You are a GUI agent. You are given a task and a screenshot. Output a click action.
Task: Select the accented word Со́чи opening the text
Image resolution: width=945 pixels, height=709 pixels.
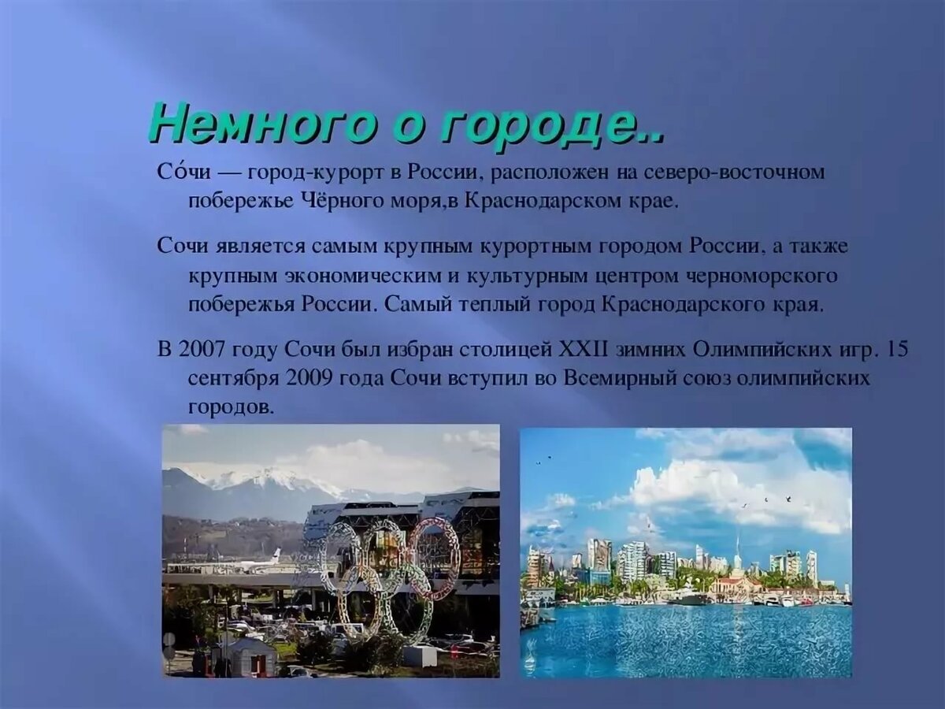(183, 172)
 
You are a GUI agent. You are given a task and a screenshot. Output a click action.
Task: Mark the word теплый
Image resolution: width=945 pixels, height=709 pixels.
(489, 306)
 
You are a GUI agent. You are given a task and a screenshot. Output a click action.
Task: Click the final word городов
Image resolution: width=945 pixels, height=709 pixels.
(232, 406)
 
